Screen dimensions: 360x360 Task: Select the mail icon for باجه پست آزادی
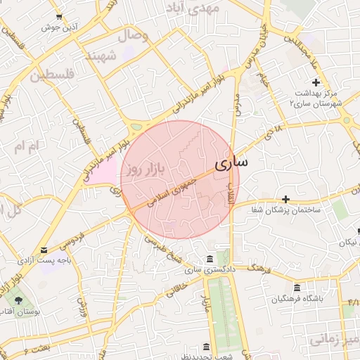[45, 250]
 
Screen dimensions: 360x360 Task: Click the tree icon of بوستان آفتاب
[19, 300]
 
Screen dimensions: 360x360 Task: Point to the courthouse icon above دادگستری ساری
[210, 259]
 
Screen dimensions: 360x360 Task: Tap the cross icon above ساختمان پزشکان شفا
[285, 200]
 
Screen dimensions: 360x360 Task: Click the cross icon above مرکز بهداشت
[316, 82]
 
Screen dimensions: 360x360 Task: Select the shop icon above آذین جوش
[59, 16]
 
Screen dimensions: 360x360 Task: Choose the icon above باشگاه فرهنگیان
[297, 288]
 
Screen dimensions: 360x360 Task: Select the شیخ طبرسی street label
[165, 248]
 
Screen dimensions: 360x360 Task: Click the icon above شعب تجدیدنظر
[205, 347]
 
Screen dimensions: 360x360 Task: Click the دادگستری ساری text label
[208, 269]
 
